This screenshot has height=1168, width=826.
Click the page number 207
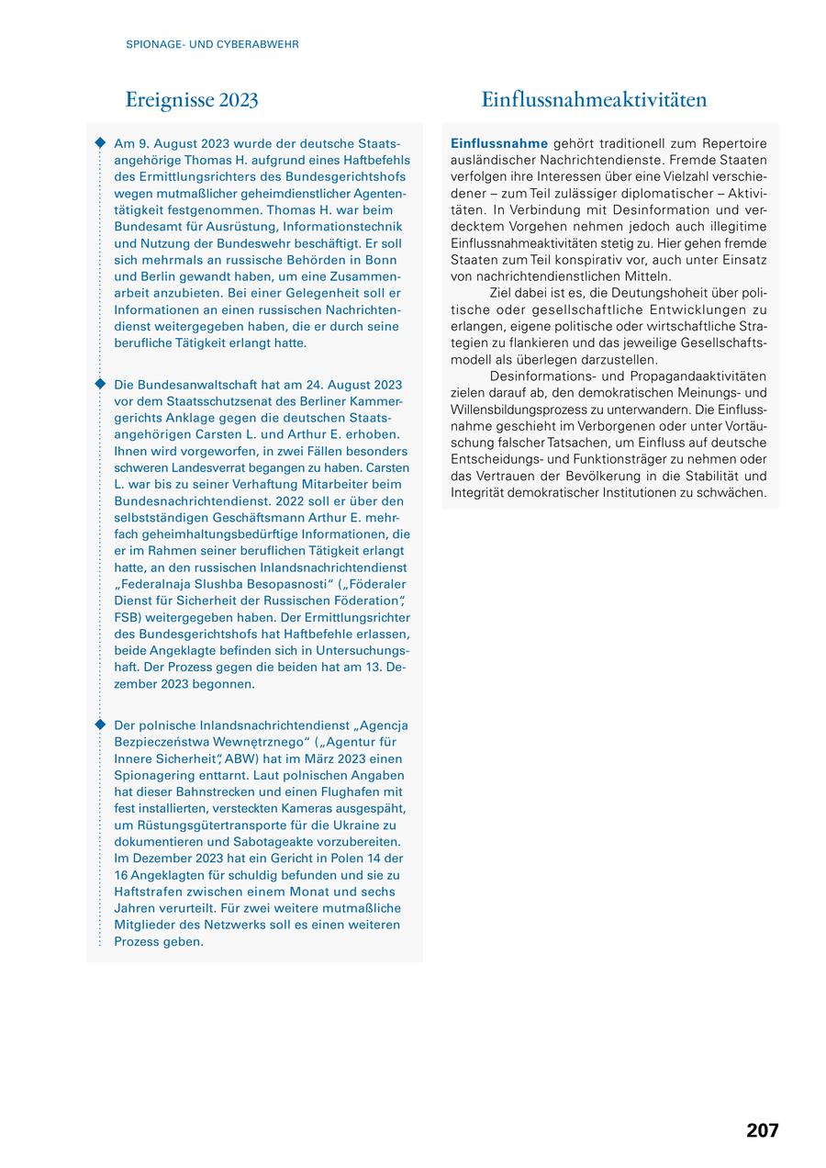(762, 1130)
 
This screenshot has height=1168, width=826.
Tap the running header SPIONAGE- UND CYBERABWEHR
(212, 44)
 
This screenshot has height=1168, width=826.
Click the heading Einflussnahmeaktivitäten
(594, 99)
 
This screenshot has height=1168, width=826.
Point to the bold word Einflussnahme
(499, 143)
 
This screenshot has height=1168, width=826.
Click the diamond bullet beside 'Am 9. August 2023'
(100, 143)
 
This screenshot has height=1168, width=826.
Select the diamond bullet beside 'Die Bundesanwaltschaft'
(100, 384)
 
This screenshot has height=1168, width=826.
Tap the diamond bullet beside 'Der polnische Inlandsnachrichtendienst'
(100, 724)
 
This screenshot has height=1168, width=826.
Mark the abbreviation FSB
(129, 618)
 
